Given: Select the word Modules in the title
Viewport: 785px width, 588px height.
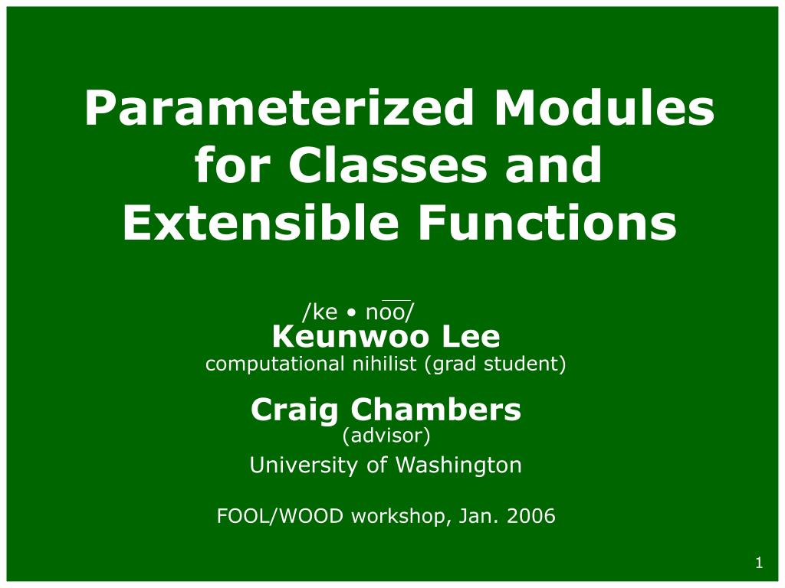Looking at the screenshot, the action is click(x=604, y=107).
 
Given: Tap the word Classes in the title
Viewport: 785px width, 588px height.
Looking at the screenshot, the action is click(x=387, y=165).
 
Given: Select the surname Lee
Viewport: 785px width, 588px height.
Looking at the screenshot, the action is click(x=471, y=337).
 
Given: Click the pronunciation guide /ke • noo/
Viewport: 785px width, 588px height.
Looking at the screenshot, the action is click(x=359, y=311).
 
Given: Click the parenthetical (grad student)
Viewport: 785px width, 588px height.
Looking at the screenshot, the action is click(x=495, y=364).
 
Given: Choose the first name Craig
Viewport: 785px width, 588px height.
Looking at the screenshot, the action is click(x=294, y=410).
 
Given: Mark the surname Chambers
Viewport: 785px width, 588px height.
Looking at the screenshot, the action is click(x=436, y=410).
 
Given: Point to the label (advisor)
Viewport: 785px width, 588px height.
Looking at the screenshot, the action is click(x=386, y=436).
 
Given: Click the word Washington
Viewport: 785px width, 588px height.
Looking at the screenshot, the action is click(x=458, y=465).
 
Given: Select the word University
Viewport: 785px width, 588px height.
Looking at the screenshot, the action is click(x=304, y=465).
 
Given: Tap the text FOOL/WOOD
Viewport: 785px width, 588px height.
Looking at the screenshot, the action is click(x=281, y=515).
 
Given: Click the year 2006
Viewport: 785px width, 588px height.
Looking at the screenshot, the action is click(x=530, y=515).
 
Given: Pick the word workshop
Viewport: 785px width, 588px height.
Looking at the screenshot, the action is click(x=398, y=516).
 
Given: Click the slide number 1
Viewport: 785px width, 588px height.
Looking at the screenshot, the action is click(x=760, y=563).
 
